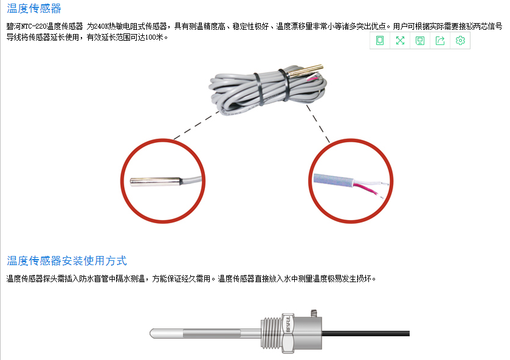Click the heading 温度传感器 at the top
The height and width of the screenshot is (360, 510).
(x=34, y=9)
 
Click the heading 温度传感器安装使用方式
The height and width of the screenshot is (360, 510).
(x=67, y=261)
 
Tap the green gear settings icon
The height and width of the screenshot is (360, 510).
(x=460, y=40)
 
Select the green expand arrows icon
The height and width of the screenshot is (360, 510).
(x=400, y=40)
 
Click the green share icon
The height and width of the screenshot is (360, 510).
(x=440, y=40)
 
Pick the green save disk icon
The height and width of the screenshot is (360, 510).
(x=420, y=40)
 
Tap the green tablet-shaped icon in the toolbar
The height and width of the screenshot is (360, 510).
(x=380, y=40)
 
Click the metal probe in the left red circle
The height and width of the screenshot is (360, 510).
(x=156, y=182)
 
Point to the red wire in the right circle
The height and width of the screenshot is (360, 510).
(x=366, y=189)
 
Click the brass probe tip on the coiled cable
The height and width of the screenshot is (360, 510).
(x=306, y=70)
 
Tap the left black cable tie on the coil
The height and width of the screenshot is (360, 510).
(x=259, y=89)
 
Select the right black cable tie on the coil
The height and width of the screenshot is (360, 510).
(x=284, y=85)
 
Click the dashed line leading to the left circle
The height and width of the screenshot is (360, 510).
(x=196, y=125)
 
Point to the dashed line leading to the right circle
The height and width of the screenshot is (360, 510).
(x=318, y=123)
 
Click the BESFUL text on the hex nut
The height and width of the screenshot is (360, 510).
(x=288, y=324)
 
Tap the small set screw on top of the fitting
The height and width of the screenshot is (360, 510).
(x=314, y=313)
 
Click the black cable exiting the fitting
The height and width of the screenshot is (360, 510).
(x=365, y=333)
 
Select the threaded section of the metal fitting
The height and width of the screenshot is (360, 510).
(x=271, y=333)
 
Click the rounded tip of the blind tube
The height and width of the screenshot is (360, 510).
(x=152, y=333)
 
